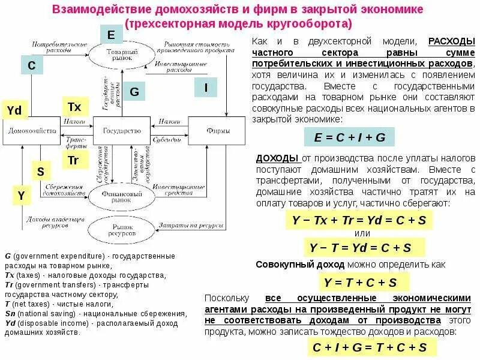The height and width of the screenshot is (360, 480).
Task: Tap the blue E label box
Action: coord(110,35)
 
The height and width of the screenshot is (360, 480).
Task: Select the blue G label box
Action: coord(134,92)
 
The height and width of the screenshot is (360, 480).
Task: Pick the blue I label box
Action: coord(206,88)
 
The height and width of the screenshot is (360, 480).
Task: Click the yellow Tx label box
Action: coord(74,107)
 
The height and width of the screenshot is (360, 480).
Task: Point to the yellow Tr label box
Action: coord(74,160)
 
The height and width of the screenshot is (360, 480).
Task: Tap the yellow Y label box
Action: coord(21,196)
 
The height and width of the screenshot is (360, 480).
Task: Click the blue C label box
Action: coord(31,65)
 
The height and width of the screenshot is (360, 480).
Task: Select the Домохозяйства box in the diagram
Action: coord(32,131)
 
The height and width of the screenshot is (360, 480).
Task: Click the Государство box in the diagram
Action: coord(122,131)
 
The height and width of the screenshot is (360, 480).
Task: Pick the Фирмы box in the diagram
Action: coord(217,131)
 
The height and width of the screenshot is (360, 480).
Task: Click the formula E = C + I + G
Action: coord(350,137)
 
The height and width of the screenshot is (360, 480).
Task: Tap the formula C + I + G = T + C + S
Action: coord(370,347)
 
